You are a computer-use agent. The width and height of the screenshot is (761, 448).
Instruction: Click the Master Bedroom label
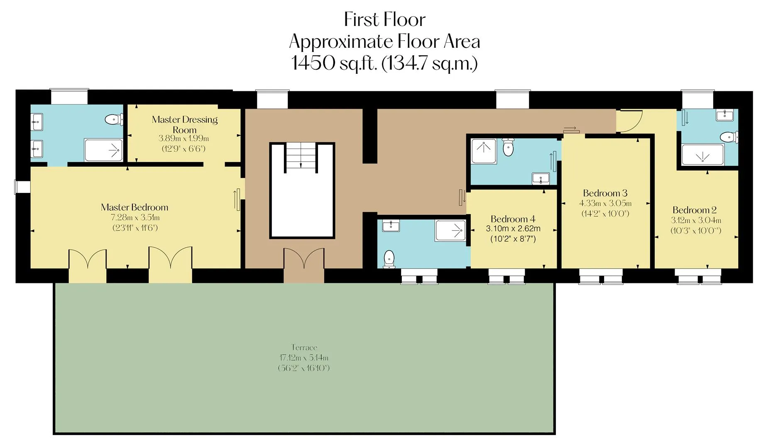coord(135,207)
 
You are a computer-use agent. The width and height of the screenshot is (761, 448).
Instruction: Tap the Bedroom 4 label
coord(513,219)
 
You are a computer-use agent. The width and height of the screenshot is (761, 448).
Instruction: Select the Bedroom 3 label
coord(605,193)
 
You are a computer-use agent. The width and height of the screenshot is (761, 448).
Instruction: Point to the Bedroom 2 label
coord(695,210)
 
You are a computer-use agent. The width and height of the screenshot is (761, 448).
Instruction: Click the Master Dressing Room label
coord(185,124)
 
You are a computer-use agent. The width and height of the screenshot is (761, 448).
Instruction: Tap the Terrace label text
coord(304,348)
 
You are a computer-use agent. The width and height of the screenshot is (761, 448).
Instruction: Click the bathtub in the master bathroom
coord(103,150)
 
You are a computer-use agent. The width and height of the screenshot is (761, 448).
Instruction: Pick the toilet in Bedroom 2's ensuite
coord(729,137)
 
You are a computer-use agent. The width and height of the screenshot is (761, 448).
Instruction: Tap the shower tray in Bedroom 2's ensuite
coord(702,155)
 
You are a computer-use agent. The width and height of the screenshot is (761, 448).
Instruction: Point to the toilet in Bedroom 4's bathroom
coord(389,259)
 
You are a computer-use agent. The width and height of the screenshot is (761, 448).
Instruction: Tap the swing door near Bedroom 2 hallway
coord(630,121)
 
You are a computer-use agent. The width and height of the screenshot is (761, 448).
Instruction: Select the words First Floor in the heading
coord(385,19)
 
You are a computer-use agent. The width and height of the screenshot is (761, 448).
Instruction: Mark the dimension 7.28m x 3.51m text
coord(135,218)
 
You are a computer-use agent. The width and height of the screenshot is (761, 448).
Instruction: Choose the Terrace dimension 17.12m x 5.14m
coord(304,358)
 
